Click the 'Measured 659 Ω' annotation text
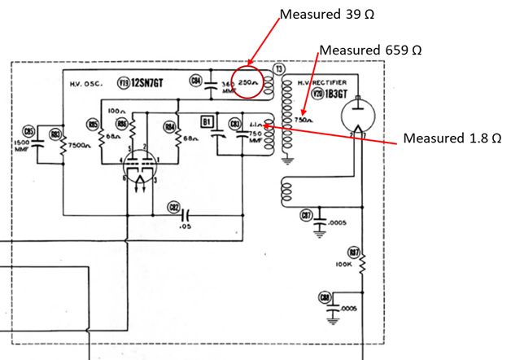coord(370,50)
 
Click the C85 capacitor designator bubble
coord(29,131)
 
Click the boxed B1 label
coord(207,122)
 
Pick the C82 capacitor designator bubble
coord(173,208)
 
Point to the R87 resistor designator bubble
coord(354,252)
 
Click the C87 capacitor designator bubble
coord(306,214)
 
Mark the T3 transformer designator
coord(278,70)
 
